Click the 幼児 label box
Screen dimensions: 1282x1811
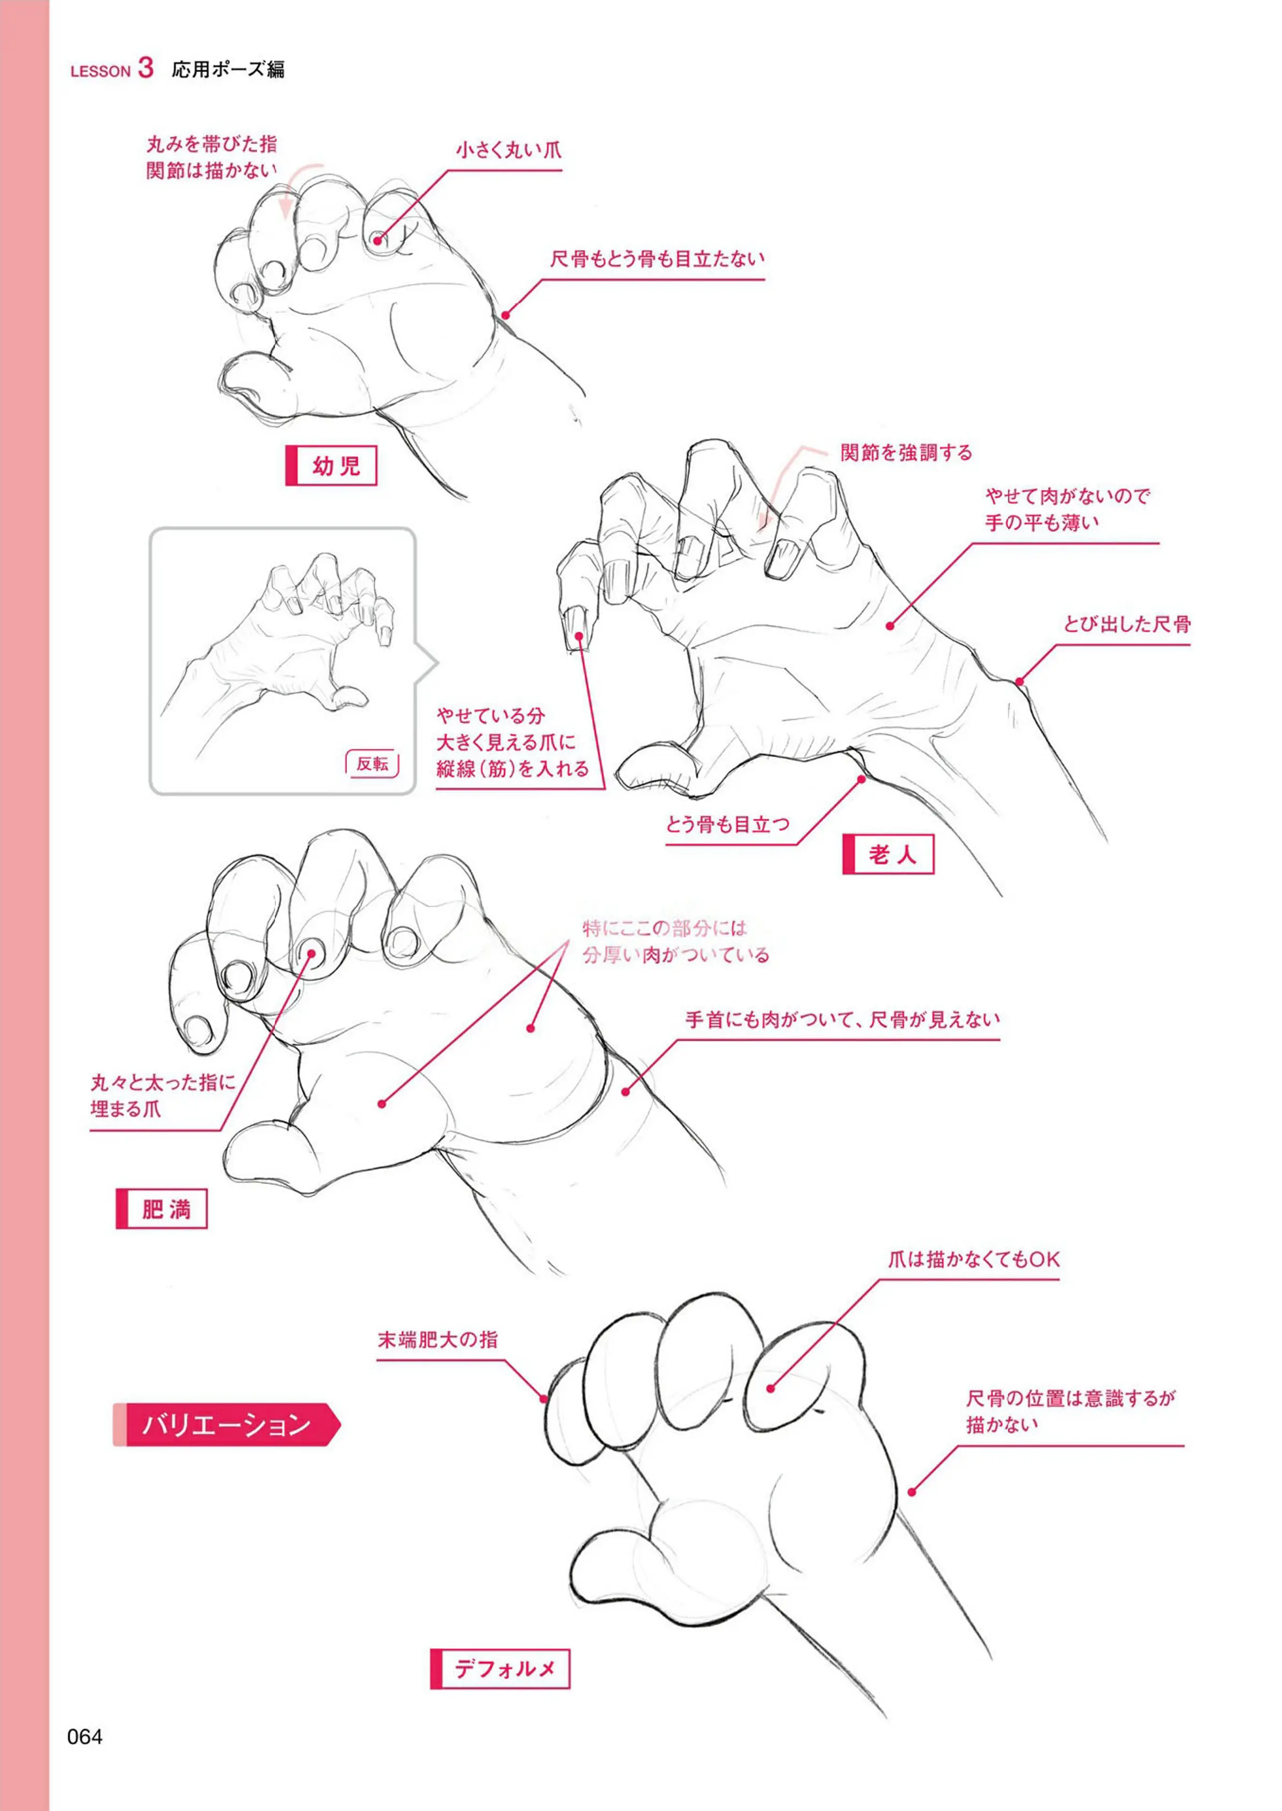click(331, 466)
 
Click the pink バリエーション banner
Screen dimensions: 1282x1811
click(227, 1424)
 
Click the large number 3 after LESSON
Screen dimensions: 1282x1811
click(145, 68)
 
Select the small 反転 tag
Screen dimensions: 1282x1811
click(372, 763)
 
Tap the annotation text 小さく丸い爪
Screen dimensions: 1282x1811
click(508, 150)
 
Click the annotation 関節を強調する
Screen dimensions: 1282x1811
click(906, 453)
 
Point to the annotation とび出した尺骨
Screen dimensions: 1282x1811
click(1126, 624)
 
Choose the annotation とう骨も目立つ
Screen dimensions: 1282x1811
click(727, 825)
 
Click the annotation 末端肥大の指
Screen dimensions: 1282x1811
click(438, 1339)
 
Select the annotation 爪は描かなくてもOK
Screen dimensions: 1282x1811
click(973, 1259)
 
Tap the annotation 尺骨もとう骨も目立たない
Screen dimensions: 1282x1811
click(657, 259)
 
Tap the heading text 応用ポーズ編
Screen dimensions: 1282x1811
click(228, 69)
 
